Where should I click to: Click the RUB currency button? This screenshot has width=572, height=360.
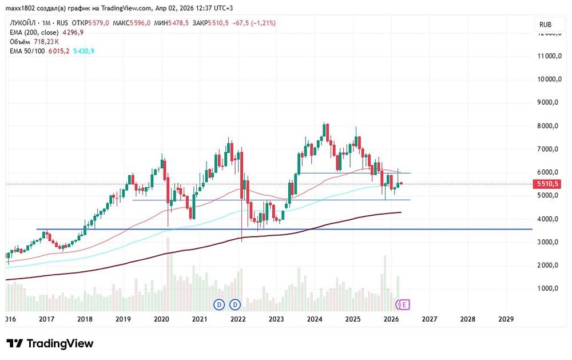point(545,25)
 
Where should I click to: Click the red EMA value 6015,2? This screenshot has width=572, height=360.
point(59,51)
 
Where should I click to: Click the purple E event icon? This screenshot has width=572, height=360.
point(405,304)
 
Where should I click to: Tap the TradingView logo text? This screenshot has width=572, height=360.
point(59,344)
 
